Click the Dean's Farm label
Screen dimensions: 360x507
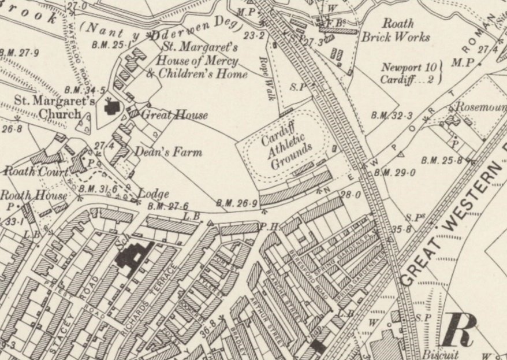point(168,153)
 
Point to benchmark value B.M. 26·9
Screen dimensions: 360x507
point(233,203)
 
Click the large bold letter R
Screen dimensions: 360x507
point(460,330)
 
